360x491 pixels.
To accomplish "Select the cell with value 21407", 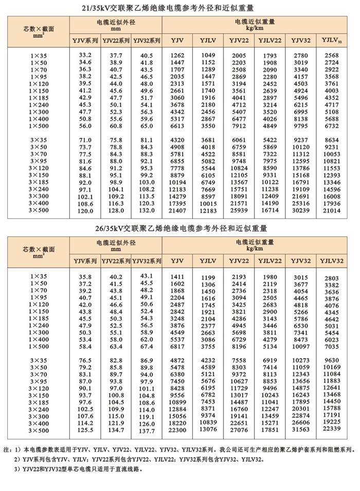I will pyautogui.click(x=177, y=212).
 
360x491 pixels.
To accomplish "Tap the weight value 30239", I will pyautogui.click(x=301, y=212).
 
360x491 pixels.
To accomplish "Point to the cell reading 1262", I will pyautogui.click(x=177, y=55).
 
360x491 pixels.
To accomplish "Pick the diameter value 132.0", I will pyautogui.click(x=147, y=212).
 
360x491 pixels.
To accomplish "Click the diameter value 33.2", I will pyautogui.click(x=85, y=55).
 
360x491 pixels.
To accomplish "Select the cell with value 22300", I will pyautogui.click(x=177, y=430).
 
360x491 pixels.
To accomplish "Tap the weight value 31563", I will pyautogui.click(x=301, y=430).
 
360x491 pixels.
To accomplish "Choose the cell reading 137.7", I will pyautogui.click(x=147, y=430).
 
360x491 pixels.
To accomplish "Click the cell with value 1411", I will pyautogui.click(x=177, y=277).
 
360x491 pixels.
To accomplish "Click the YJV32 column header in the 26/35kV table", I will pyautogui.click(x=301, y=261).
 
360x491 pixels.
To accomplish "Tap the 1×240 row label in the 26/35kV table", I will pyautogui.click(x=39, y=326).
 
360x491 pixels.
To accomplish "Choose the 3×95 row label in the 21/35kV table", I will pyautogui.click(x=39, y=161).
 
